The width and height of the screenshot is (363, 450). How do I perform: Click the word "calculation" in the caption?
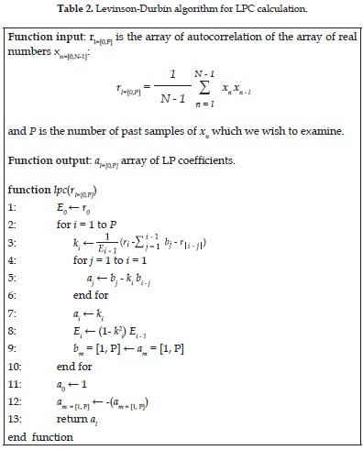tap(299, 8)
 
